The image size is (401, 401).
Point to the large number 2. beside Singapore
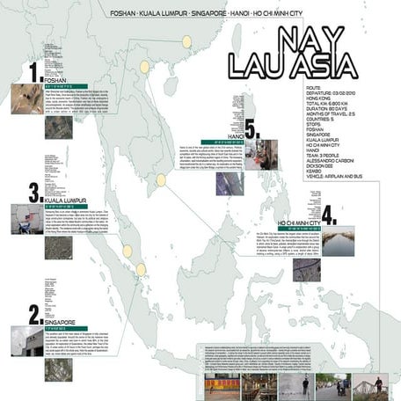point(34,314)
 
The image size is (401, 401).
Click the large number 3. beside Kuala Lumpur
point(33,192)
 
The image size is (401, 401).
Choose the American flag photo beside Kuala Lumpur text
point(24,220)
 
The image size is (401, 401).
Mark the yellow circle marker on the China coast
point(186,41)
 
